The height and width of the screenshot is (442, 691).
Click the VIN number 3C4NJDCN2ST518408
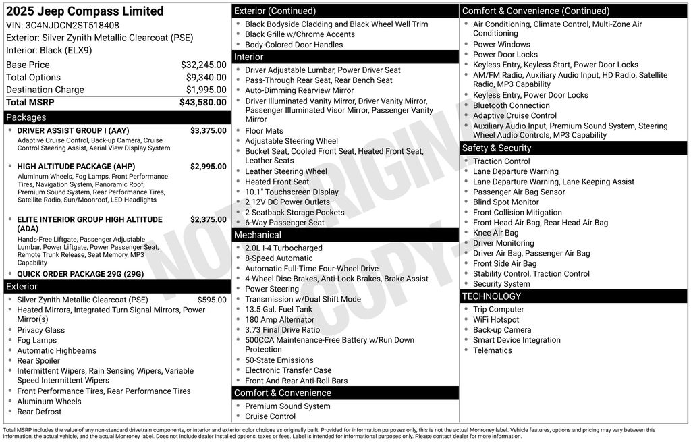[x=72, y=25]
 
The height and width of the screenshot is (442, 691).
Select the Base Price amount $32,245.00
[x=203, y=65]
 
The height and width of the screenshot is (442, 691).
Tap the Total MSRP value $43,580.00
[x=202, y=103]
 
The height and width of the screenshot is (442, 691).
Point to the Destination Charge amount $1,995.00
[x=206, y=90]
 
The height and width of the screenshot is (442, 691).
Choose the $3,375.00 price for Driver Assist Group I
[x=208, y=130]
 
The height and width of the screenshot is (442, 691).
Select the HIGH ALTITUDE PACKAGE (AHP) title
[x=76, y=167]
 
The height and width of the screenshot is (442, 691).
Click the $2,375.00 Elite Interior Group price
[x=208, y=219]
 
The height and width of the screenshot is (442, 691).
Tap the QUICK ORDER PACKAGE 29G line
[x=80, y=274]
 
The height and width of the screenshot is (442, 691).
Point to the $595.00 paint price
[x=212, y=300]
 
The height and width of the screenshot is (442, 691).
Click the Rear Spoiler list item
[x=38, y=361]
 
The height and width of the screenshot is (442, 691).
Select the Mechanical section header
[x=257, y=235]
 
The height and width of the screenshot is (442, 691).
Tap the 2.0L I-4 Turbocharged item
[x=283, y=248]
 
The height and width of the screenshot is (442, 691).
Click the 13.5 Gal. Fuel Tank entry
[x=279, y=310]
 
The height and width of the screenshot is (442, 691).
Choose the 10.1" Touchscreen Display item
[x=292, y=192]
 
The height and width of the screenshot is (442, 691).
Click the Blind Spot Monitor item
[x=505, y=202]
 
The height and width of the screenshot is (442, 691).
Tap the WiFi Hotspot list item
[x=496, y=320]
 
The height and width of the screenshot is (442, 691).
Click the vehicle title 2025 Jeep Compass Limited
[x=85, y=11]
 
